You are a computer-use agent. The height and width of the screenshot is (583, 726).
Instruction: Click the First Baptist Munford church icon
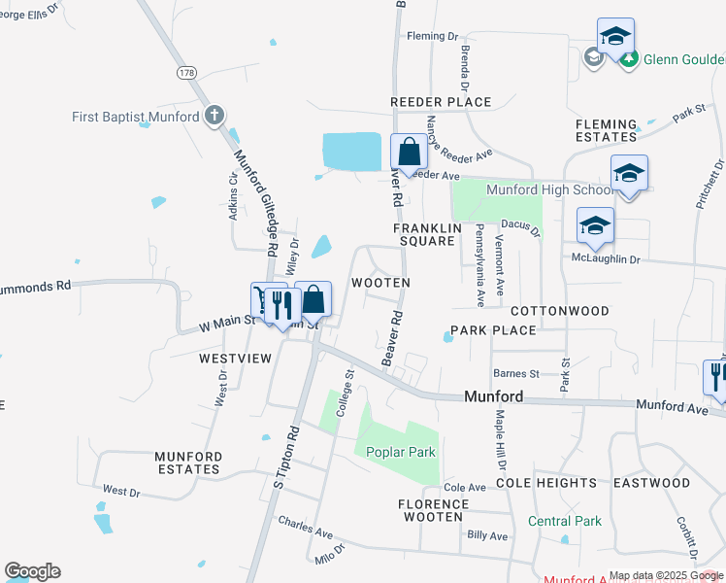(214, 117)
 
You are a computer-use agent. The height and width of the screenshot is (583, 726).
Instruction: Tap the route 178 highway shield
(187, 73)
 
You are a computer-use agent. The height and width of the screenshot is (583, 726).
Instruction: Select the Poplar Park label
(402, 452)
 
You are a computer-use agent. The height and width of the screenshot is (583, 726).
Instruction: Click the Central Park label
(565, 521)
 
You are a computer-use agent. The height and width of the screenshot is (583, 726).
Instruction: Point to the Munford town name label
(494, 396)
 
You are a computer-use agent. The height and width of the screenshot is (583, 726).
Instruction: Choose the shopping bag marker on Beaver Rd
(409, 153)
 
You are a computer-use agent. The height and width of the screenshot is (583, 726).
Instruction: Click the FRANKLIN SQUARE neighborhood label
(423, 234)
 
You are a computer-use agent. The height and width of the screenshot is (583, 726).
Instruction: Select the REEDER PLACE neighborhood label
(441, 102)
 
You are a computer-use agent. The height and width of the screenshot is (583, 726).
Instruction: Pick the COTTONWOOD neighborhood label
(560, 311)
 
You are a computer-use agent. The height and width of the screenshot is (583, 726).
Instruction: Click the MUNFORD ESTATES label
(188, 463)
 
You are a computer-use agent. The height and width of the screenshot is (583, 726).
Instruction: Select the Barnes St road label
(515, 373)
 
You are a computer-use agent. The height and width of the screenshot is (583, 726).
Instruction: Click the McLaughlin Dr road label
(606, 259)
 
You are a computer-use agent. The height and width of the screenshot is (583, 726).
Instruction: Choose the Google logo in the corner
(32, 571)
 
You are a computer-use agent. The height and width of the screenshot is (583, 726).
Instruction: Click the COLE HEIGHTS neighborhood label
(546, 482)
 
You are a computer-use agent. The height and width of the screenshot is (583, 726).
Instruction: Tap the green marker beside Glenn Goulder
(629, 59)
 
